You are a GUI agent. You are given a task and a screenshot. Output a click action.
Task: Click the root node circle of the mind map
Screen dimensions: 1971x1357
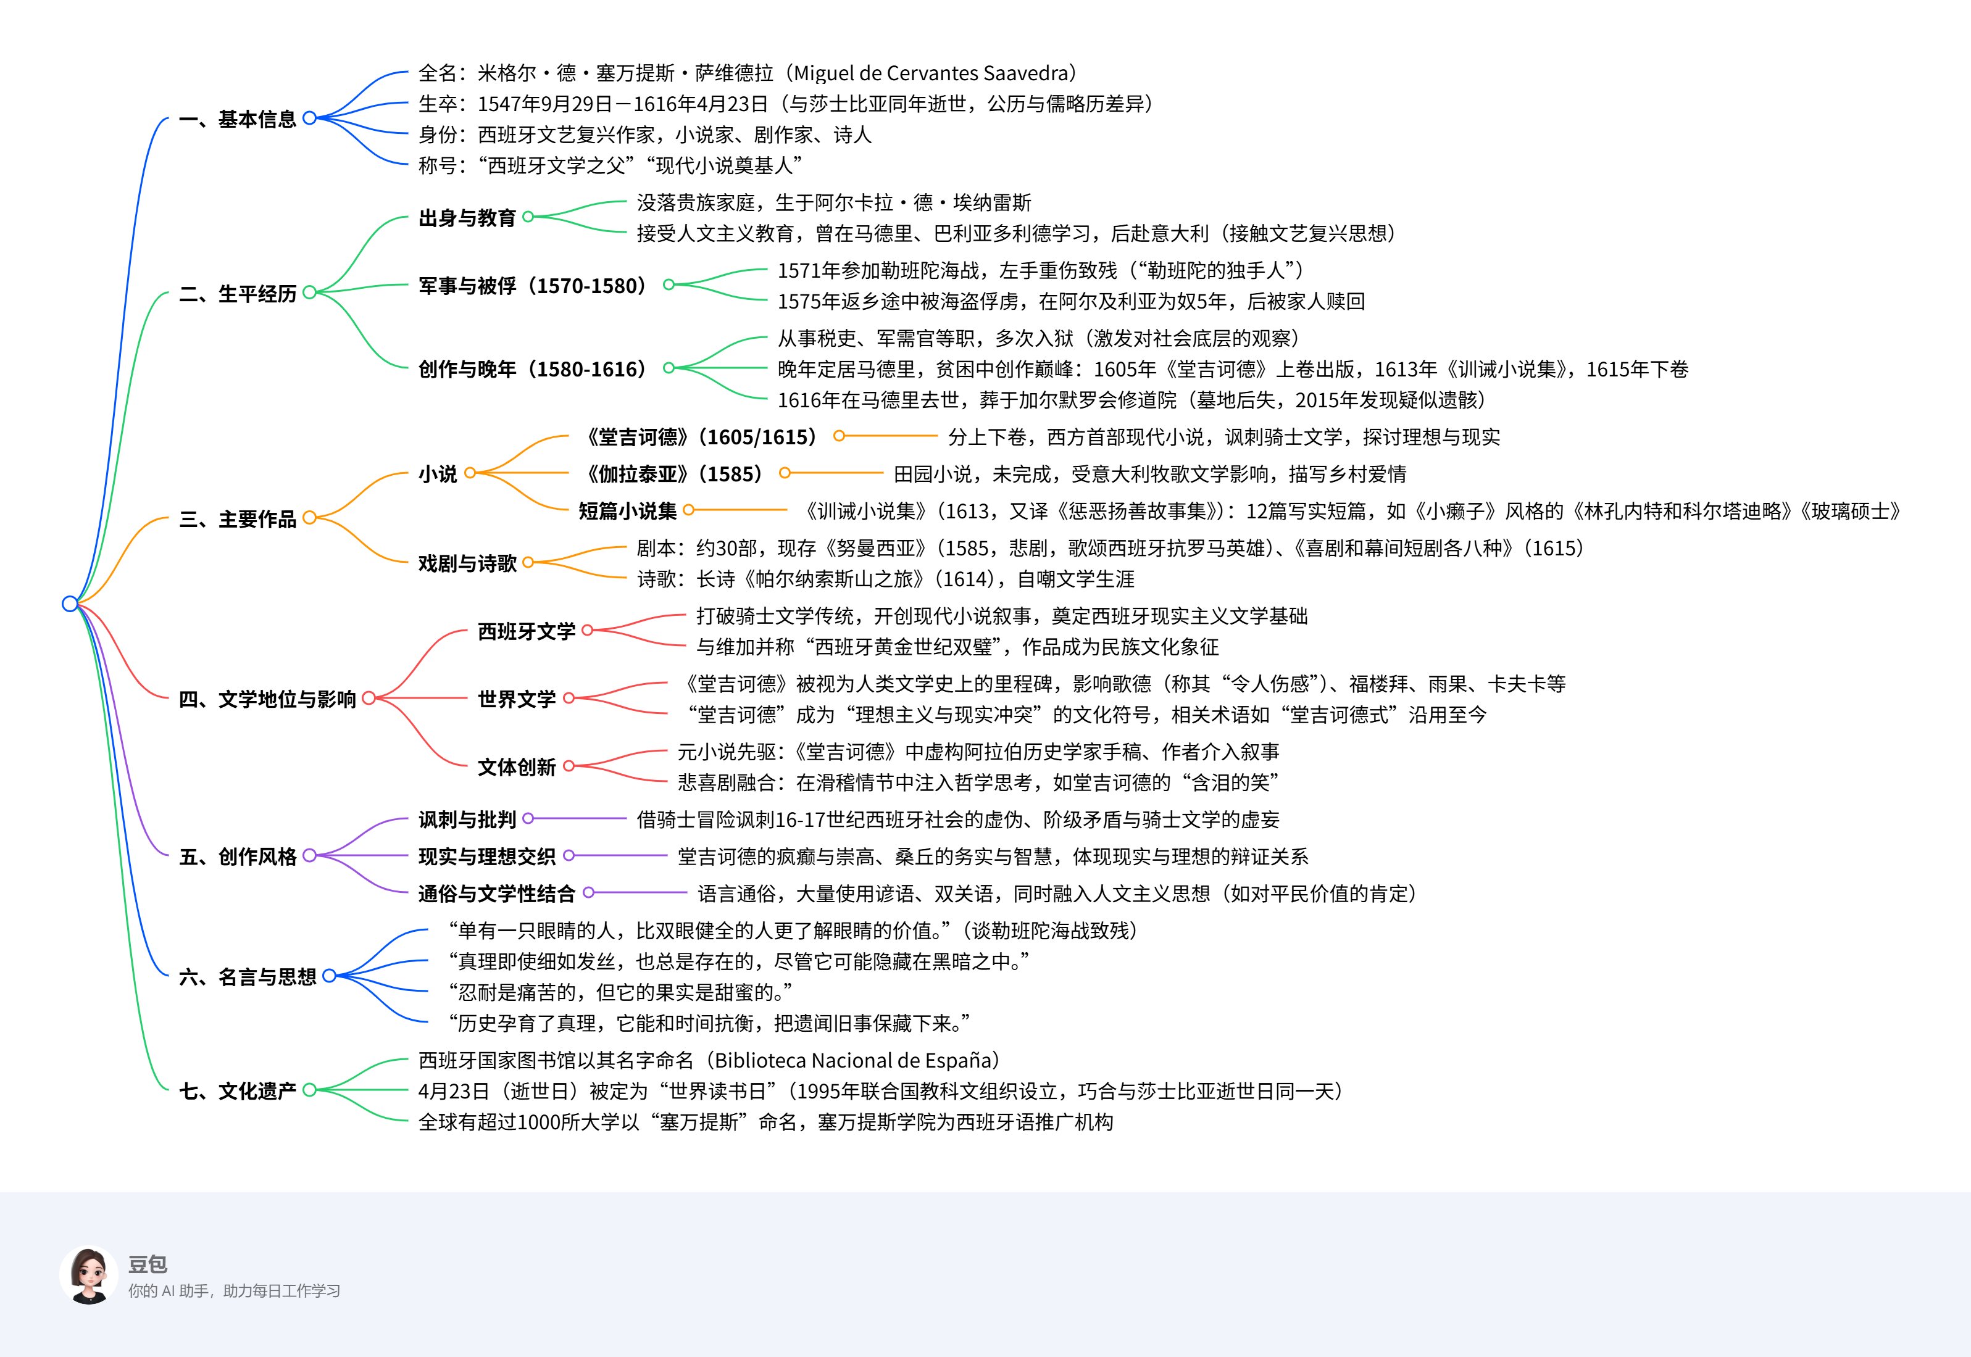[70, 604]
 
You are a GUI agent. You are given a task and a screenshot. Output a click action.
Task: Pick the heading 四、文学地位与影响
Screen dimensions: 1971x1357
[267, 699]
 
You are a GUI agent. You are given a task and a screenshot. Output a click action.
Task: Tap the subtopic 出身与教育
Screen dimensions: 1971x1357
[467, 218]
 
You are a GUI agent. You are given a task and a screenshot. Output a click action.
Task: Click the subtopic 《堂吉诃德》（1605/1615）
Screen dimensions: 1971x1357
[701, 437]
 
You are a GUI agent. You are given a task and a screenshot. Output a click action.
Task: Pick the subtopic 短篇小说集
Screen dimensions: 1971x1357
[628, 511]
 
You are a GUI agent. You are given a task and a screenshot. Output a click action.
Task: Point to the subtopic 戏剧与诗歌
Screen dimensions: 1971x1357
[467, 563]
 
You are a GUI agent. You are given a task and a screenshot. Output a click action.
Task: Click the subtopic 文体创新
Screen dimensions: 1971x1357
[516, 767]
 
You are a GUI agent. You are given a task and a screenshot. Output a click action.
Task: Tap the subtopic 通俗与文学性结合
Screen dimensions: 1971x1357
[496, 894]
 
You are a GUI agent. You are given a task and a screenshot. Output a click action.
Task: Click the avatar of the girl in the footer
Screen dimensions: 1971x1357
[88, 1276]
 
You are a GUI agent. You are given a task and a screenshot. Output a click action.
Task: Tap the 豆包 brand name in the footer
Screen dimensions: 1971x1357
[147, 1264]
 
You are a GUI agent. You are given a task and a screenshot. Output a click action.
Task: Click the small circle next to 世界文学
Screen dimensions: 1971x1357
[569, 699]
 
